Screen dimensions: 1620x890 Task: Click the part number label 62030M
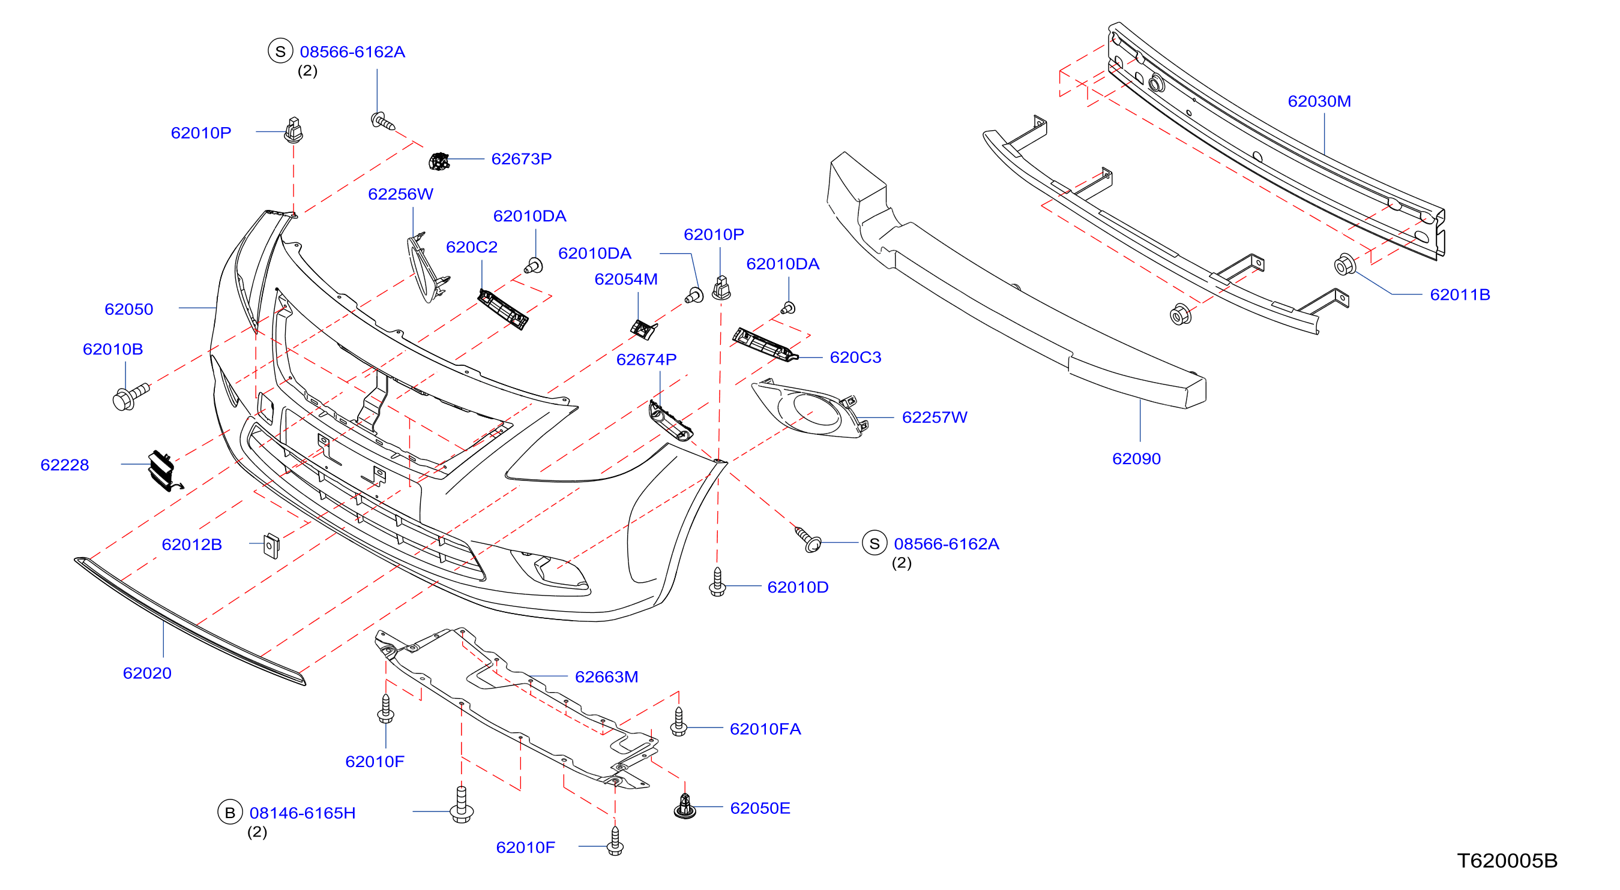pos(1319,101)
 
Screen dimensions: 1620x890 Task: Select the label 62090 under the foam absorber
pos(1136,459)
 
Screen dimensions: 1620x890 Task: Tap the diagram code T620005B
pos(1507,861)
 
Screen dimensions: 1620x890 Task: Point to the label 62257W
pos(934,417)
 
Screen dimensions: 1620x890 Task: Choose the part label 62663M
pos(606,677)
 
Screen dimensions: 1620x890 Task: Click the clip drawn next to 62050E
pos(685,807)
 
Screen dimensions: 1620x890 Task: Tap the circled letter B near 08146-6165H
pos(229,812)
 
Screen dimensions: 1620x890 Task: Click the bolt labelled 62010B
pos(130,396)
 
